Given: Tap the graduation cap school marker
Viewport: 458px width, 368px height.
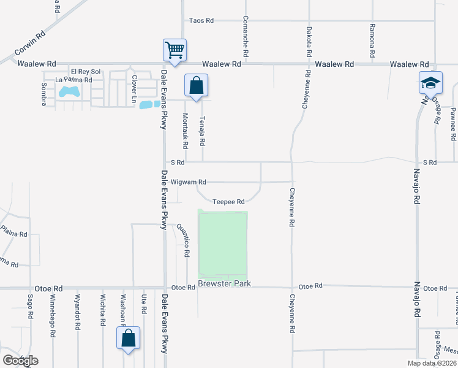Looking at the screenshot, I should coord(430,82).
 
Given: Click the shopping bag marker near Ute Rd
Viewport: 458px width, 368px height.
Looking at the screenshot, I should coord(129,337).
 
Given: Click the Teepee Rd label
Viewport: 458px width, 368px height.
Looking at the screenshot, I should coord(228,202).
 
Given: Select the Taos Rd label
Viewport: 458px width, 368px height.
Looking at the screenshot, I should coord(201,20).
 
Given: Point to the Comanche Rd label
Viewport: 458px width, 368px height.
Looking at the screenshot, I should coord(245,37).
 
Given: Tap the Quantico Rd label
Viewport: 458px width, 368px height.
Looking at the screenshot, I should coord(182,240).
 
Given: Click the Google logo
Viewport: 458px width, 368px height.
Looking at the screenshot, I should coord(20,361).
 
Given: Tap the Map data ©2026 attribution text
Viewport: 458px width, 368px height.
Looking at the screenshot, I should coord(431,363).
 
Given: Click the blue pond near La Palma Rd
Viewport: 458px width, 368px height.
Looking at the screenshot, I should coord(69,93).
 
